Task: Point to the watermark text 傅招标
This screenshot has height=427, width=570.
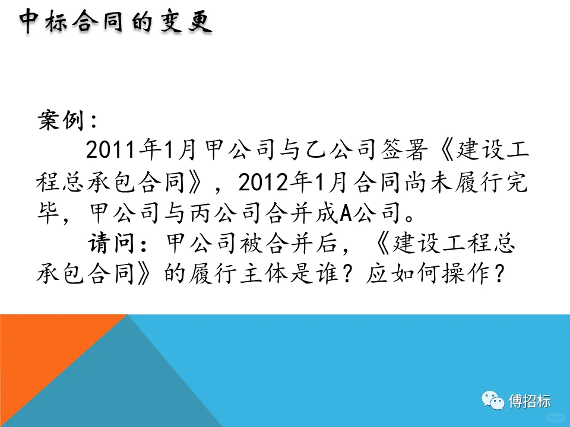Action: tap(530, 401)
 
